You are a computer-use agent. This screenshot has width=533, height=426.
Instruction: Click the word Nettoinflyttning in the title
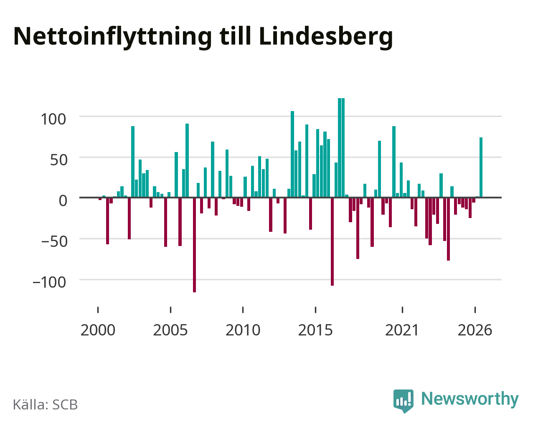pyautogui.click(x=112, y=37)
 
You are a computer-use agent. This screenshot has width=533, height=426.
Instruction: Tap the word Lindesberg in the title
pyautogui.click(x=326, y=37)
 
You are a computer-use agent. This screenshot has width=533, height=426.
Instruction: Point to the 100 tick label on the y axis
pyautogui.click(x=53, y=119)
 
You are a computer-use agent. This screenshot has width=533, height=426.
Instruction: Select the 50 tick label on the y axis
pyautogui.click(x=59, y=160)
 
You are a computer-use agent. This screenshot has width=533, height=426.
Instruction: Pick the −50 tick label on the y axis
pyautogui.click(x=54, y=241)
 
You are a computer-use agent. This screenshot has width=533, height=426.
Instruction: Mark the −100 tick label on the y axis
pyautogui.click(x=49, y=282)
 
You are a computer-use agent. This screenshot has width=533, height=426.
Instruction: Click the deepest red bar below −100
pyautogui.click(x=194, y=245)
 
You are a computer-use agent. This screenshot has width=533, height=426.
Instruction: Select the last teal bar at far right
pyautogui.click(x=481, y=167)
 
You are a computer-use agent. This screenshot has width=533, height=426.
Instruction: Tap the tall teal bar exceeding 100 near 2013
pyautogui.click(x=292, y=154)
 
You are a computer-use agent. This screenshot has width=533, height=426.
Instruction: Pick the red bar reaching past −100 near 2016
pyautogui.click(x=332, y=242)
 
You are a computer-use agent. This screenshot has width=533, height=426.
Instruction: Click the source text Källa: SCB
pyautogui.click(x=46, y=405)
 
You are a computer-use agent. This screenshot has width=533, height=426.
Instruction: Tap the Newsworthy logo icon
pyautogui.click(x=404, y=401)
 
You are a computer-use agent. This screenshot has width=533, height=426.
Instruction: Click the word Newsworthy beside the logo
pyautogui.click(x=470, y=399)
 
